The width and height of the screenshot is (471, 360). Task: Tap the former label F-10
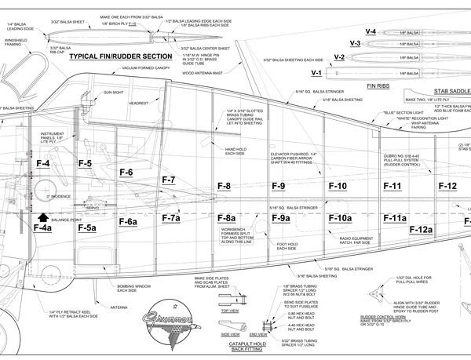click(x=338, y=187)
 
